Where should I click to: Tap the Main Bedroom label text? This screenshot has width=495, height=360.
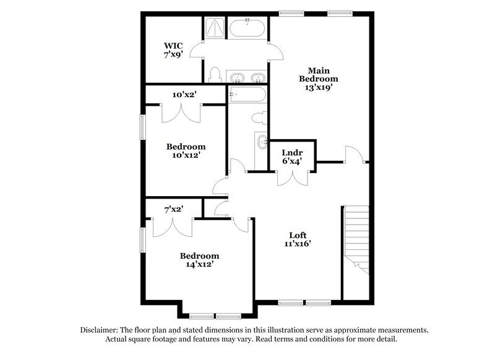tap(318, 79)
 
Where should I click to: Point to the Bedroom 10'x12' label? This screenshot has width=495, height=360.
tap(186, 151)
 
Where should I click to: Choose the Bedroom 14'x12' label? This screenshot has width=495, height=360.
tap(199, 260)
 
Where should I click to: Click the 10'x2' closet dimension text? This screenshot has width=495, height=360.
tap(184, 95)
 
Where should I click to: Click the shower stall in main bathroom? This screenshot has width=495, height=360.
tap(215, 28)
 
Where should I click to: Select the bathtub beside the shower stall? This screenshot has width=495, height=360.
tap(248, 28)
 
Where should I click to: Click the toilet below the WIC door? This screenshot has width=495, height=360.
tap(215, 75)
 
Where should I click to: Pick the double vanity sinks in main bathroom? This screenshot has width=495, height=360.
tap(247, 78)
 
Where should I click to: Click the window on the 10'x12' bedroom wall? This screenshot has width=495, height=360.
tap(142, 127)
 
